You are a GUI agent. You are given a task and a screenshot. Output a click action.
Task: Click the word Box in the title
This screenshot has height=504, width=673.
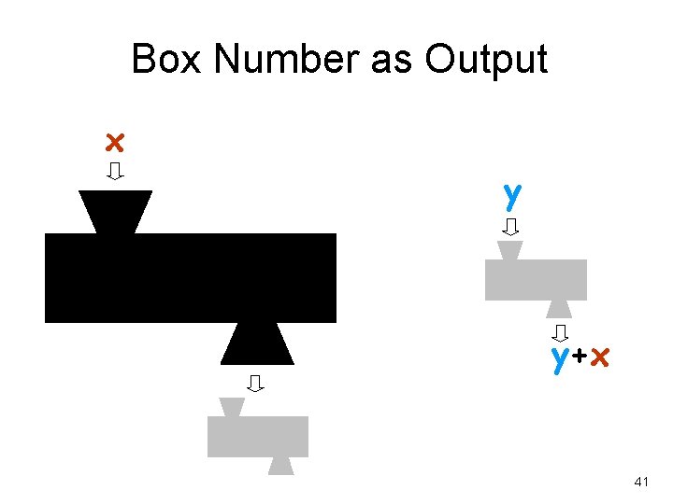[x=167, y=61]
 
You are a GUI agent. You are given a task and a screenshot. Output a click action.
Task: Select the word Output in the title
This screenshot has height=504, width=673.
[x=485, y=61]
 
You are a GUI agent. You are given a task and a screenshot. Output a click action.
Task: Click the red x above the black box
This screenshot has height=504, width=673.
[x=114, y=143]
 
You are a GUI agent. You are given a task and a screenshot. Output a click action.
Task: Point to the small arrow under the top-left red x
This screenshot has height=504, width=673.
[x=115, y=172]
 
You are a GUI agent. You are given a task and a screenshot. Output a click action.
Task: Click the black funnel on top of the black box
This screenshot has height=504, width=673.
[x=115, y=211]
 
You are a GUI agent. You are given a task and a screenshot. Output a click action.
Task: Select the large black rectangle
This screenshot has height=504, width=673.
[x=191, y=278]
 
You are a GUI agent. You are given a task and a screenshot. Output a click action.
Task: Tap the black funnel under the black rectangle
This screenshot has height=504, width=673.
[x=257, y=343]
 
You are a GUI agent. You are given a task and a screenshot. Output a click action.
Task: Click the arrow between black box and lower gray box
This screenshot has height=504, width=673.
[x=255, y=382]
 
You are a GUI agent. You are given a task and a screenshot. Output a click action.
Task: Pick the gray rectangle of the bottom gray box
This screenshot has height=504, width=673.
[x=257, y=437]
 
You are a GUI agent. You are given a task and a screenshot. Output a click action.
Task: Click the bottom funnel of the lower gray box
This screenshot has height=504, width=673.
[x=280, y=466]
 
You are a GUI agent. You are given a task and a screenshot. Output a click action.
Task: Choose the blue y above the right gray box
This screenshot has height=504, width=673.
[x=511, y=196]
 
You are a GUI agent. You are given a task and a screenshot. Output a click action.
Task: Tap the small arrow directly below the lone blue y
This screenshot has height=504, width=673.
[x=511, y=227]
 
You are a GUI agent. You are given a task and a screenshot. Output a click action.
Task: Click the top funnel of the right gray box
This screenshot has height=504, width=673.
[x=510, y=250]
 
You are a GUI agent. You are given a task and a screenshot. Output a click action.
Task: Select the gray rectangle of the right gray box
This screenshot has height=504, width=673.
[x=536, y=279]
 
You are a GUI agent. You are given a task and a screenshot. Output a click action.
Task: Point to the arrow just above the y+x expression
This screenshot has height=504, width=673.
[x=560, y=332]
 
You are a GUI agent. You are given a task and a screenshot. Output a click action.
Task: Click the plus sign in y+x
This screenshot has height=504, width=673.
[x=580, y=357]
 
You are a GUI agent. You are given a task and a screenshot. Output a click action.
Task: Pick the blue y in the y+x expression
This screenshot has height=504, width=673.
[x=560, y=358]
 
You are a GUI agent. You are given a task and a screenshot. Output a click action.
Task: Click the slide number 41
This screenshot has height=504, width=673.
[x=641, y=482]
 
